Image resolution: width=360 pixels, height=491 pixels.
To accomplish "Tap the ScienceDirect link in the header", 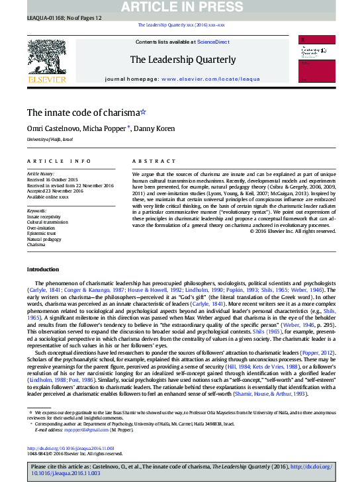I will tap(213, 42).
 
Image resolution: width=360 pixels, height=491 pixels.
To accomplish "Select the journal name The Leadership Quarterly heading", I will tap(182, 60).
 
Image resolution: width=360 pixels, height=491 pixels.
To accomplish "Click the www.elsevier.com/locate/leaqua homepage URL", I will tap(210, 78).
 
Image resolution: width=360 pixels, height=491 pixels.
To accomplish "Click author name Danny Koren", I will tap(154, 128).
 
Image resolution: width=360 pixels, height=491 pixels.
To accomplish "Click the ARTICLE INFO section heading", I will tap(59, 161).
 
